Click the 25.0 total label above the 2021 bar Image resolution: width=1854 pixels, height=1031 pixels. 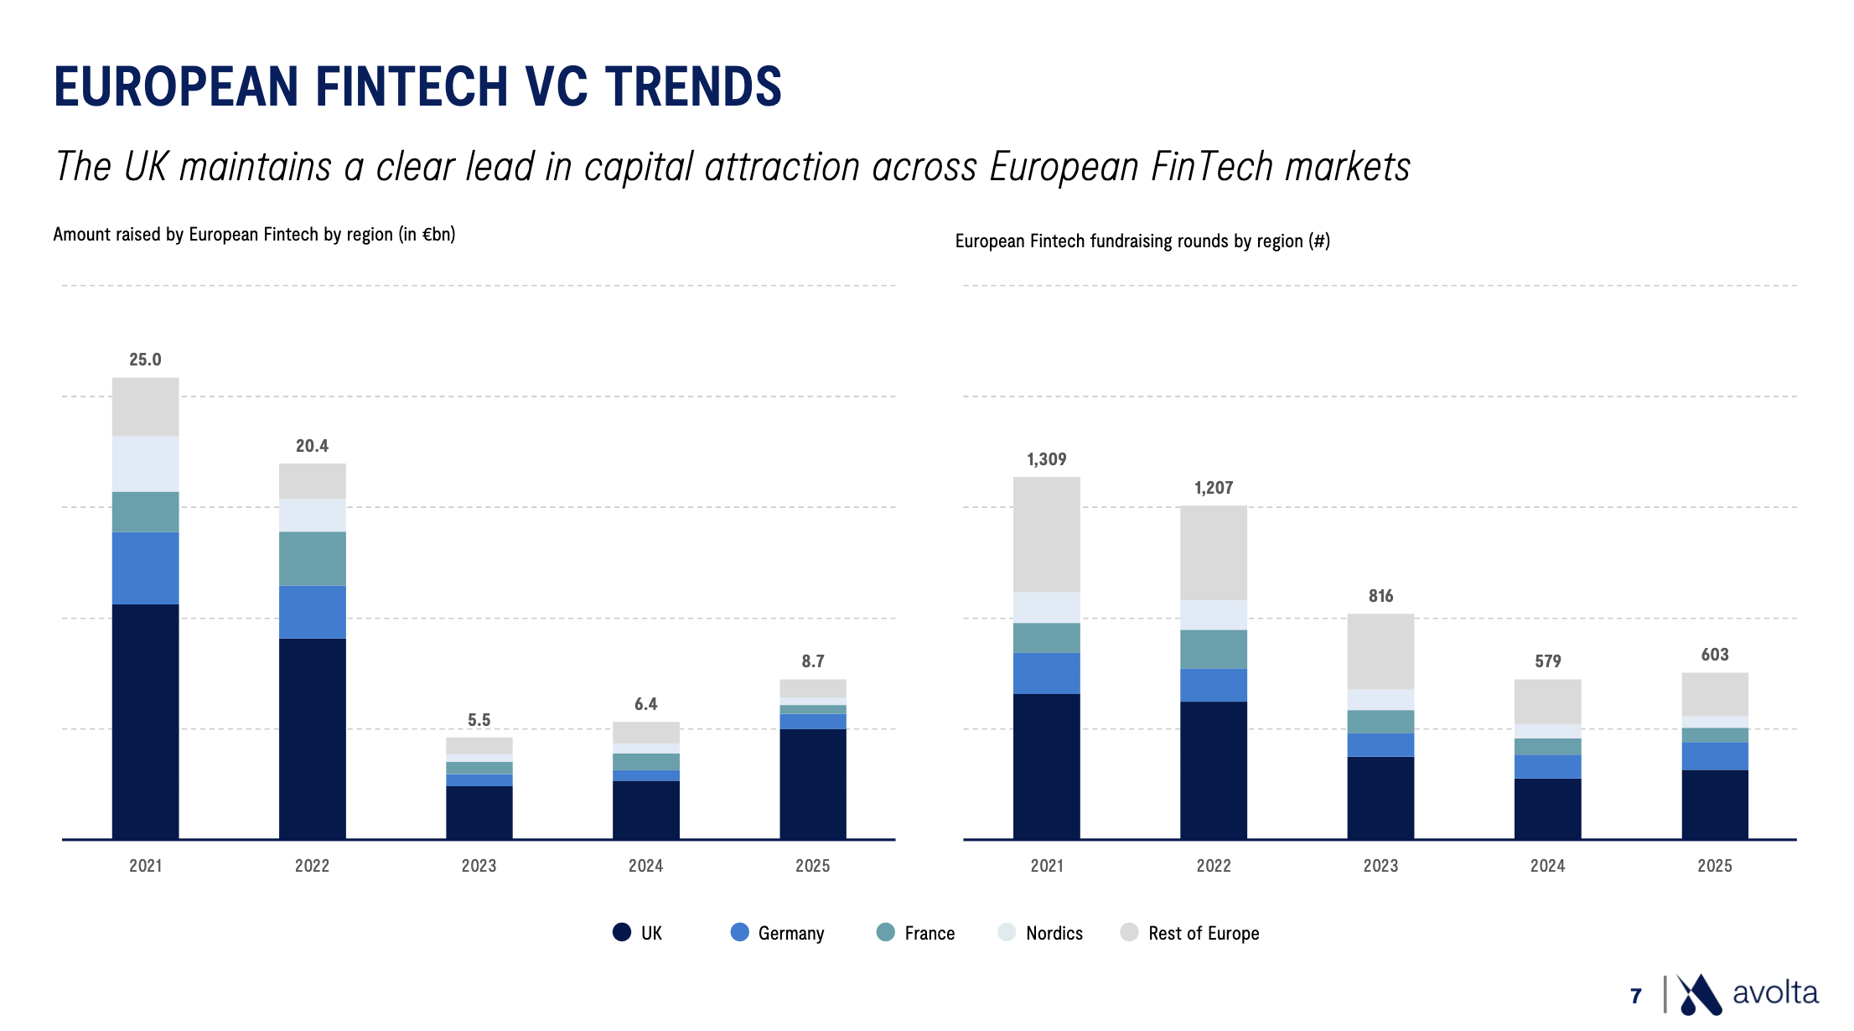pos(145,360)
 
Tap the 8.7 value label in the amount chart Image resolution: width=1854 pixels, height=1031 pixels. pos(812,661)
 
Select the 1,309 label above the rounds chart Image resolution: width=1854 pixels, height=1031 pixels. pos(1046,459)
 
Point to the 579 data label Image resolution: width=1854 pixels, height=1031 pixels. pos(1547,661)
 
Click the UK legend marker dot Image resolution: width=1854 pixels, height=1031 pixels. pos(622,932)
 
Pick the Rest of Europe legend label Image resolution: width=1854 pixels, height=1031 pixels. pos(1203,933)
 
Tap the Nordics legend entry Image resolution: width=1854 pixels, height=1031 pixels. pos(1054,933)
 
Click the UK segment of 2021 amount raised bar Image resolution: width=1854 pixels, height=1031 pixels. pos(145,721)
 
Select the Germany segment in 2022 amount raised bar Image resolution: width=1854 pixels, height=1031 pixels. pos(312,612)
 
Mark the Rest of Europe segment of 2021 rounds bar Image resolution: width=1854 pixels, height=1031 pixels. pos(1046,535)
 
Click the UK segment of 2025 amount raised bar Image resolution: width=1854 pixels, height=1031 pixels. pos(812,784)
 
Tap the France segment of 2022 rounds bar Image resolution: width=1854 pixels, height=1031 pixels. pos(1213,649)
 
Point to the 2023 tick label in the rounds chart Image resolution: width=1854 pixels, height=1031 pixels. pos(1380,866)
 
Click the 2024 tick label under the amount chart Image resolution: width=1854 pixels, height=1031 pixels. pos(645,866)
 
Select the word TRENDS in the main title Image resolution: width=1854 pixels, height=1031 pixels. pos(693,86)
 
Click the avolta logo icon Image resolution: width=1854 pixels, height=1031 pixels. pos(1698,995)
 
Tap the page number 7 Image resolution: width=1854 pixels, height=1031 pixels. pos(1635,996)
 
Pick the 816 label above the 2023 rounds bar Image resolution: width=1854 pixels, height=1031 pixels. pos(1380,596)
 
